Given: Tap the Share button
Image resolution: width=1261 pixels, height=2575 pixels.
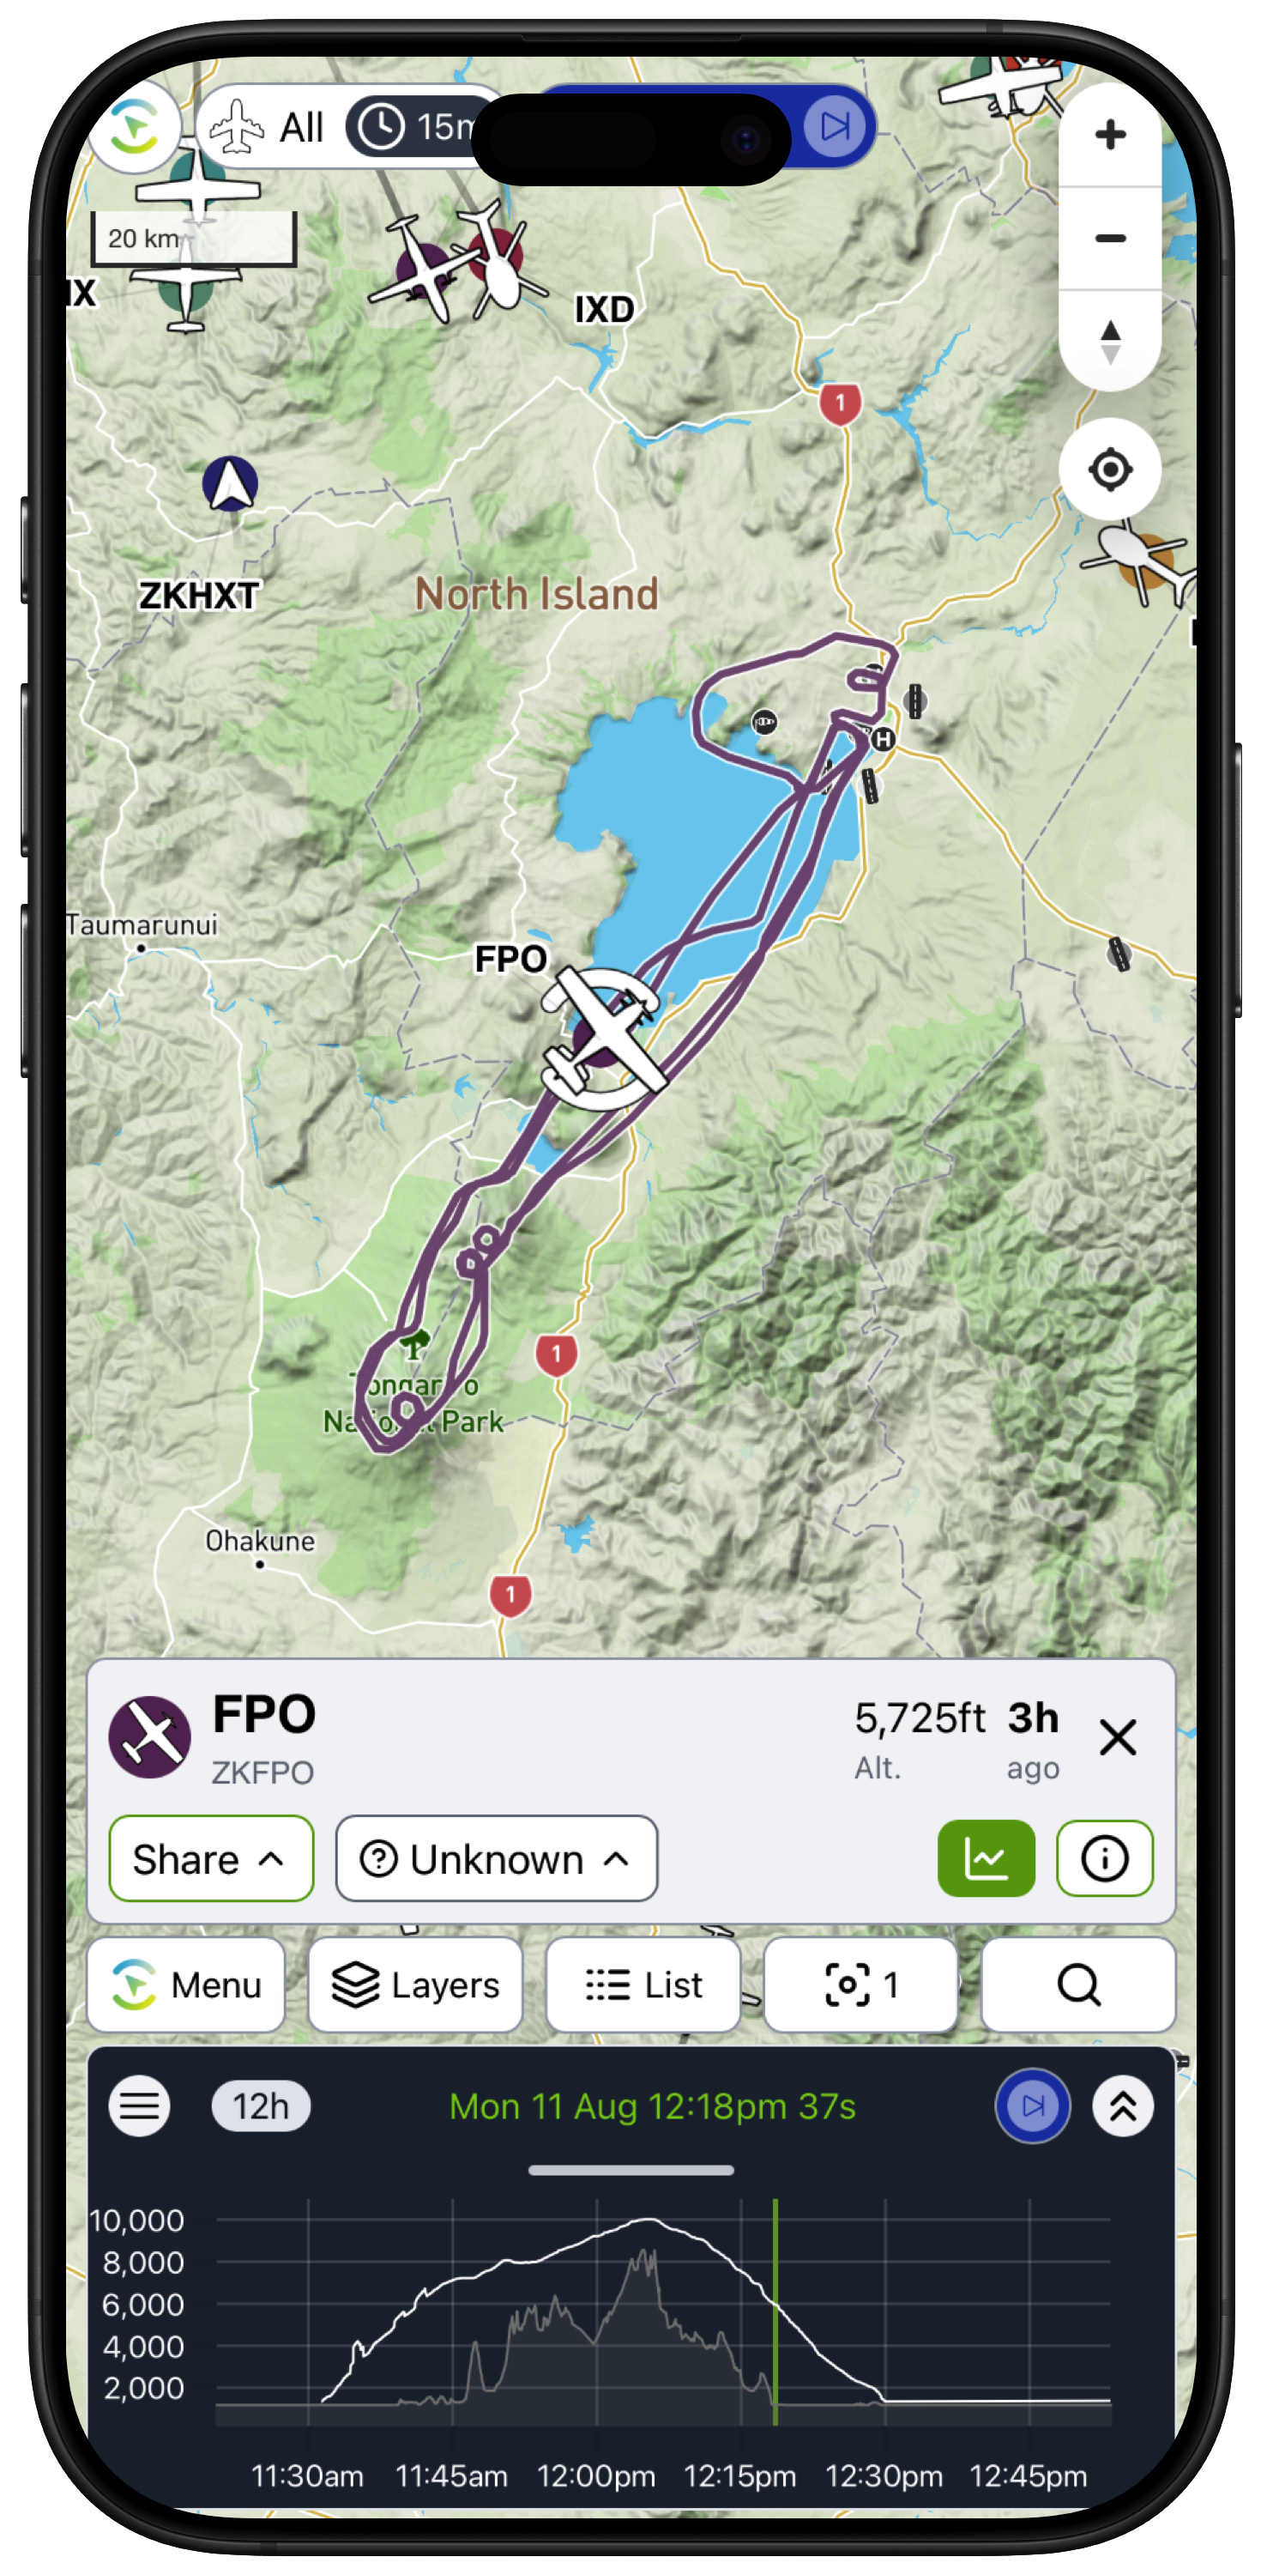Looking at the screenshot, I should tap(211, 1858).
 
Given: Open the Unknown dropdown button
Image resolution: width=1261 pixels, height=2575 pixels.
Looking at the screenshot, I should tap(496, 1858).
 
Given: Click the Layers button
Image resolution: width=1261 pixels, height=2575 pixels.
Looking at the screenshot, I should tap(416, 1984).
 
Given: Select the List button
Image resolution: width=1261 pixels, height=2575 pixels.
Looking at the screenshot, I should tap(643, 1984).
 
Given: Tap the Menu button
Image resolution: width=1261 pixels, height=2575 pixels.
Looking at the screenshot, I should tap(187, 1984).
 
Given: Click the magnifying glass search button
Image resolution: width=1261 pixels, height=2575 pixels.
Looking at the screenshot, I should tap(1077, 1984).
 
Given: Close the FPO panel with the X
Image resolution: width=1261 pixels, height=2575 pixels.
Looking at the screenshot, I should tap(1117, 1737).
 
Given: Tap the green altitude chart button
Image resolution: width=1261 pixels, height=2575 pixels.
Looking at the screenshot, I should tap(986, 1858).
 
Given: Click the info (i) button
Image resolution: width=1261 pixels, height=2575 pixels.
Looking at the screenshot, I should tap(1104, 1858).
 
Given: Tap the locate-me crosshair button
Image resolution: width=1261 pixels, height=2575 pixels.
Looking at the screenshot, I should tap(1109, 469).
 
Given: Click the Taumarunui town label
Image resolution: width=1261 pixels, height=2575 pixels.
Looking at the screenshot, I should tap(142, 925).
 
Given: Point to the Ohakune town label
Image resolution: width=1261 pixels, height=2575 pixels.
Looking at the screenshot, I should tap(260, 1541).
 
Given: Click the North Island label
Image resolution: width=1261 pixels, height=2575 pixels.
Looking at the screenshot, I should tap(537, 594).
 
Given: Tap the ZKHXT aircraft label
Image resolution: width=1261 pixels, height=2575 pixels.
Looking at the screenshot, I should tap(199, 596).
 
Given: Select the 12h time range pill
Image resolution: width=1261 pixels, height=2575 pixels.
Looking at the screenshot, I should tap(261, 2106).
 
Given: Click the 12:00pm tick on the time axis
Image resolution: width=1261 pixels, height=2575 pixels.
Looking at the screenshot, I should tap(596, 2475).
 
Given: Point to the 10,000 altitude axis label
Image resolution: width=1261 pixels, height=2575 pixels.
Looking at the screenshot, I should tap(137, 2221).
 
